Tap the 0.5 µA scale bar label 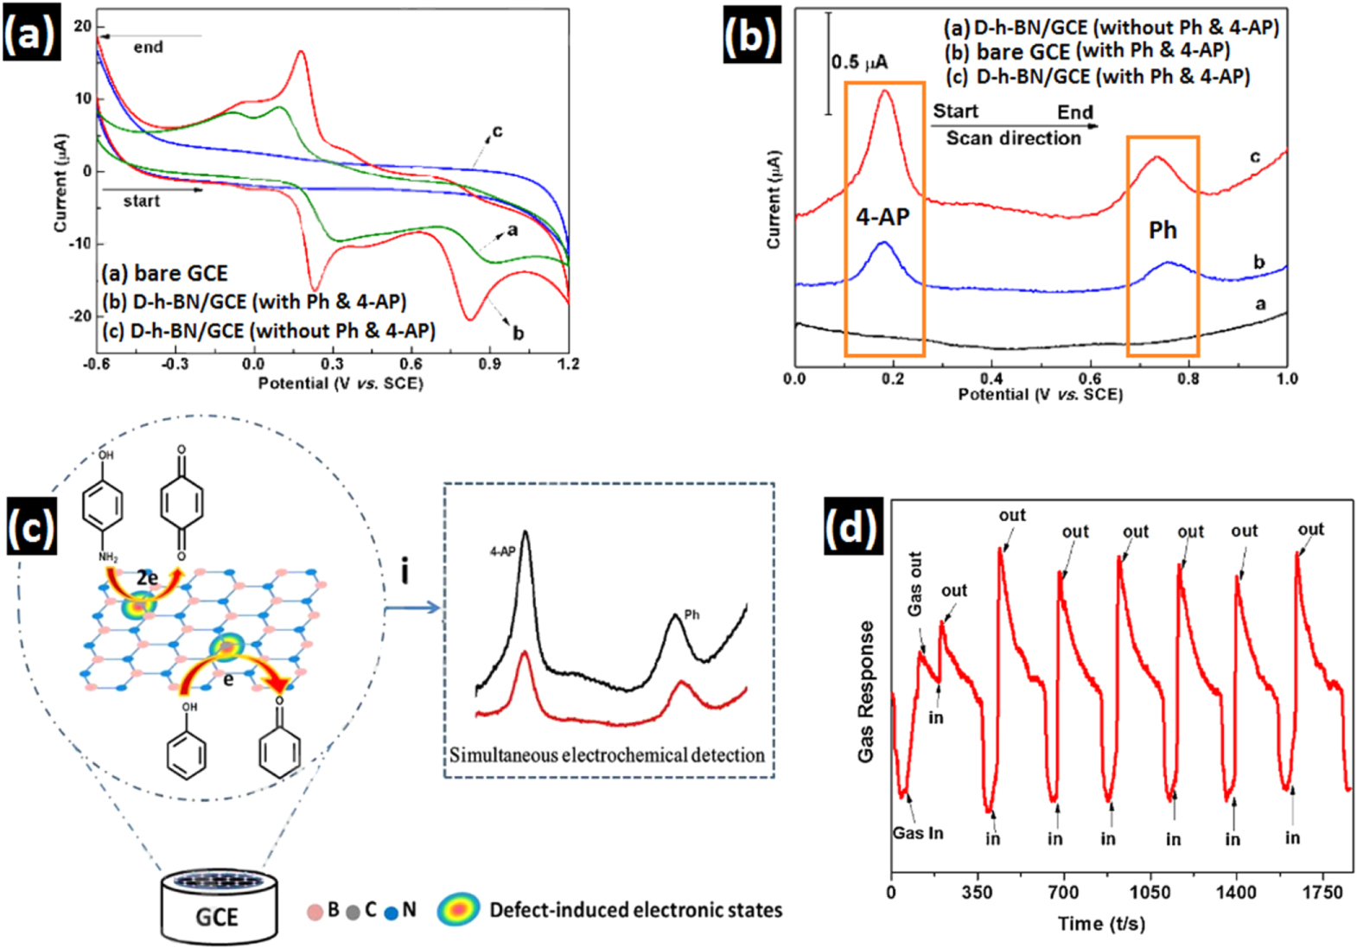[859, 62]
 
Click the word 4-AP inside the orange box [882, 217]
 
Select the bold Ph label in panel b [1163, 230]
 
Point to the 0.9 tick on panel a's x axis [489, 364]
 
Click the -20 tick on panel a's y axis [81, 316]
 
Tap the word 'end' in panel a [148, 48]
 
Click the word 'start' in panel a [141, 201]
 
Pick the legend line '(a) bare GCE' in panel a [164, 273]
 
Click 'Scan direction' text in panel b [1013, 138]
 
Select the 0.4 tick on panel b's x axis [991, 379]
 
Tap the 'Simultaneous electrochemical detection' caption [607, 755]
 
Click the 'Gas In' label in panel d [918, 833]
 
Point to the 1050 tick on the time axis [1150, 893]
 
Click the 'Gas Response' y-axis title [866, 691]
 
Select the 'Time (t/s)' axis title [1101, 924]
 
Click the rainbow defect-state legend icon [458, 909]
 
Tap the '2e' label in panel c [147, 577]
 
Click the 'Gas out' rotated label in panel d [915, 584]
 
